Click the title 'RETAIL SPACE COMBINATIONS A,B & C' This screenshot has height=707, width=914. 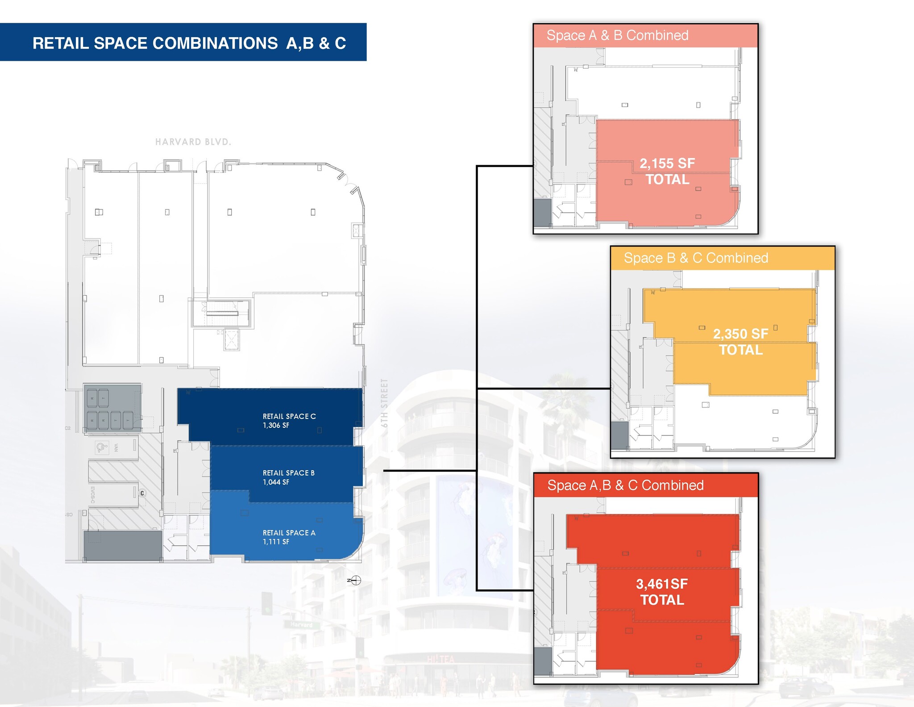[189, 43]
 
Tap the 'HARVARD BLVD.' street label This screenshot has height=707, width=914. [193, 142]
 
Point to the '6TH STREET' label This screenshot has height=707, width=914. [384, 403]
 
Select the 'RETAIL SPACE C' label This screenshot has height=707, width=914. [289, 416]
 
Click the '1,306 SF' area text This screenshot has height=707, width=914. [276, 426]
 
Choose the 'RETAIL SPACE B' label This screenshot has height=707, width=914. [288, 473]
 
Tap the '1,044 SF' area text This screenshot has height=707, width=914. [276, 482]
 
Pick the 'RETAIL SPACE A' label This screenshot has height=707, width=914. [289, 533]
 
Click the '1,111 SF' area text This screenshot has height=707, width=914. [276, 542]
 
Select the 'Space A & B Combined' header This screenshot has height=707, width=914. [617, 35]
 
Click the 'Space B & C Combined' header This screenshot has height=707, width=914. [696, 258]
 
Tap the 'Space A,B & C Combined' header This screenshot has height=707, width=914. [625, 485]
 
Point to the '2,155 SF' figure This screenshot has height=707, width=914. [667, 163]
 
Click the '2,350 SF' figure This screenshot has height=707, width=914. [740, 334]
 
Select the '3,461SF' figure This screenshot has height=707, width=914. [662, 584]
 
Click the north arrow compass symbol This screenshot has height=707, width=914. [355, 581]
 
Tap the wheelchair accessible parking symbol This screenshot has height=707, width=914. [102, 447]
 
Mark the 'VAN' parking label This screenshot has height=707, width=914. [116, 447]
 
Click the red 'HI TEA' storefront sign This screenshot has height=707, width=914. [440, 659]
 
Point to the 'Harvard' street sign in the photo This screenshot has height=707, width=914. [301, 624]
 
